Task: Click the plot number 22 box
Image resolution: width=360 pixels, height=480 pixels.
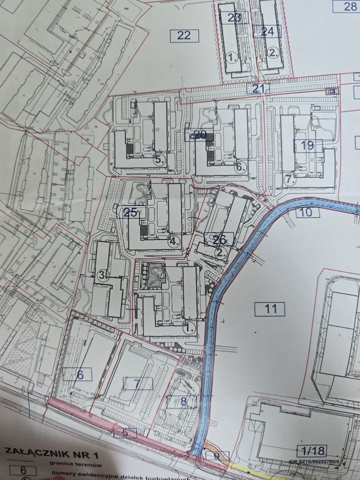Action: click(184, 35)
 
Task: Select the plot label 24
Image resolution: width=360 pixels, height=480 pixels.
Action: click(267, 31)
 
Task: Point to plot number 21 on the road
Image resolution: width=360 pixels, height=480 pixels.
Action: click(257, 89)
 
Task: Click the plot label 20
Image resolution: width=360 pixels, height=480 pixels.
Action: click(199, 134)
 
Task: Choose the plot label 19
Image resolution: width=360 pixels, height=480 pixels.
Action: click(307, 145)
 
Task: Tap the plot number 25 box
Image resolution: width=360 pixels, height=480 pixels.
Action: click(130, 212)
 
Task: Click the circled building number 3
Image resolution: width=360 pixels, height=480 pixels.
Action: click(102, 275)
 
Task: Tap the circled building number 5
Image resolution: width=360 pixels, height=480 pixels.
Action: click(159, 160)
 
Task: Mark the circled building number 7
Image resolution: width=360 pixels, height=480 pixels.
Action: click(288, 178)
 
